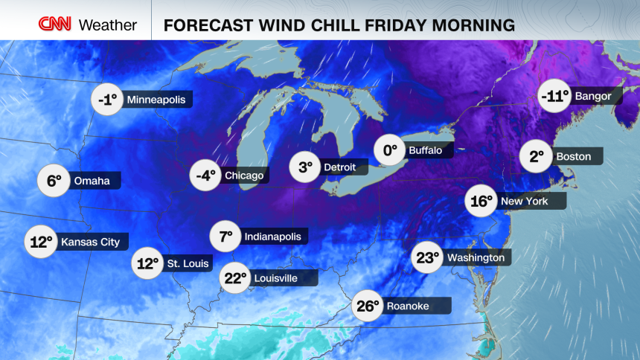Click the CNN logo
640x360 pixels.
coord(55,25)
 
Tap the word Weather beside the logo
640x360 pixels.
coord(108,25)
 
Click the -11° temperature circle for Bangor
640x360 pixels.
coord(554,96)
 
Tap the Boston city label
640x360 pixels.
coord(573,156)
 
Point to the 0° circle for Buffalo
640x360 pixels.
coord(389,150)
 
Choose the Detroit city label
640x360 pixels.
coord(340,167)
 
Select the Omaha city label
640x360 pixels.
coord(92,181)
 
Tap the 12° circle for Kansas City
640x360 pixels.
coord(41,242)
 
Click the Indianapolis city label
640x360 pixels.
coord(272,237)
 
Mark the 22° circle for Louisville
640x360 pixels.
coord(235,278)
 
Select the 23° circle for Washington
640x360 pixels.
coord(429,258)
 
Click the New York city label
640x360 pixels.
coord(525,201)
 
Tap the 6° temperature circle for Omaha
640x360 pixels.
coord(54,181)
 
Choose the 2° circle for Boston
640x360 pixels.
coord(537,156)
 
